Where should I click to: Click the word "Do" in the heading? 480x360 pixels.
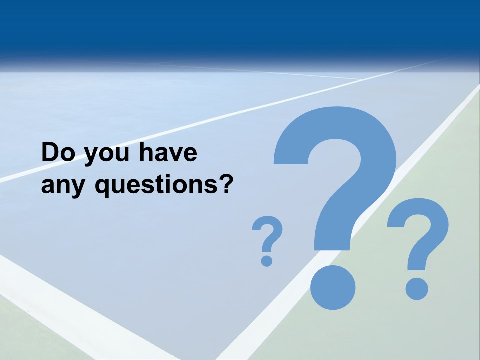58,153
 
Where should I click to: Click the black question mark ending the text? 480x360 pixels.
226,184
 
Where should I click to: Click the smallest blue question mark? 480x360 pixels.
267,235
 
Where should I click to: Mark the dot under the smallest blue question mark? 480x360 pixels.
267,260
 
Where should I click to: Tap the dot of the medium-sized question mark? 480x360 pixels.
416,289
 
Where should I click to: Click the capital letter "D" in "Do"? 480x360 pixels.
50,153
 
